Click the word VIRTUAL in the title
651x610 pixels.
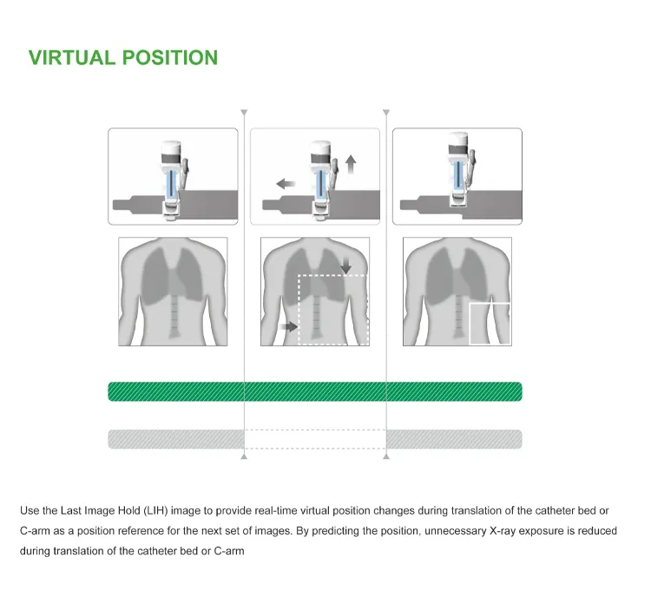click(72, 58)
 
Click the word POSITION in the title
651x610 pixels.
click(169, 58)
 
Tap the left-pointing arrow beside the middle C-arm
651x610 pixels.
click(285, 183)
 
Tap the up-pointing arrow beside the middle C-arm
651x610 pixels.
click(350, 164)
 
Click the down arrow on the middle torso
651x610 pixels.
click(346, 265)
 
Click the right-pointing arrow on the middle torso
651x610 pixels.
click(289, 326)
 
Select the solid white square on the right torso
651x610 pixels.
click(489, 324)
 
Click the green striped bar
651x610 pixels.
click(314, 391)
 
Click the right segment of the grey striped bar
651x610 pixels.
click(454, 439)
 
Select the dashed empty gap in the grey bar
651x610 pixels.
click(315, 439)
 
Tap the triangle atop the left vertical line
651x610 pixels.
click(244, 113)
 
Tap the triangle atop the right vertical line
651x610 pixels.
click(386, 113)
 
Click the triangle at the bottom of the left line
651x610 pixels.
click(244, 456)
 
